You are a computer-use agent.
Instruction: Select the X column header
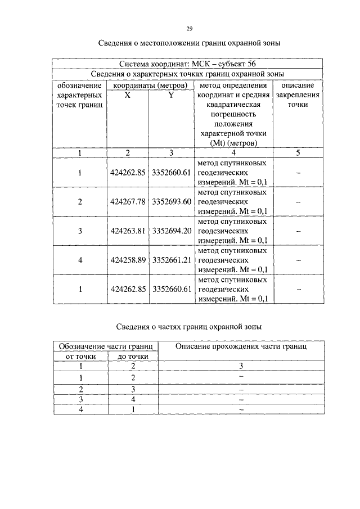(x=127, y=95)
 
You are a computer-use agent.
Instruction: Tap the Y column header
(x=171, y=95)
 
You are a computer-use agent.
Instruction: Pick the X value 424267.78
(x=128, y=201)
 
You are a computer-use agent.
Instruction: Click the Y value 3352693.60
(x=172, y=201)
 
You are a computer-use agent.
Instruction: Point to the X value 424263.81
(x=128, y=231)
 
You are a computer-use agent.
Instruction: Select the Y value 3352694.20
(x=172, y=231)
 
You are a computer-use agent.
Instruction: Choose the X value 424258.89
(x=128, y=260)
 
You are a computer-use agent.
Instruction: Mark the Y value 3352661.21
(x=172, y=260)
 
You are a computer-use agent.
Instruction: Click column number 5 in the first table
(x=298, y=153)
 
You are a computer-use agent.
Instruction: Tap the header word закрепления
(x=298, y=95)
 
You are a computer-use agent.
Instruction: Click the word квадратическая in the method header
(x=233, y=105)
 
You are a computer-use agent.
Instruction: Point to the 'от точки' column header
(x=81, y=356)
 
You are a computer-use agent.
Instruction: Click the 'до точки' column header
(x=133, y=356)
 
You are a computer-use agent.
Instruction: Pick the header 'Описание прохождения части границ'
(x=241, y=347)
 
